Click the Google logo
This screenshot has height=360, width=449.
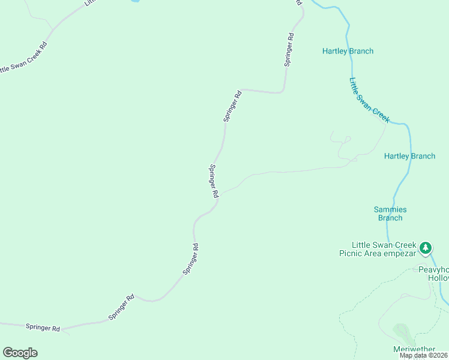click(x=20, y=353)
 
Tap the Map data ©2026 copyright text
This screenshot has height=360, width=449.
click(x=423, y=355)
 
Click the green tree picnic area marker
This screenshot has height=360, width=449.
click(x=426, y=247)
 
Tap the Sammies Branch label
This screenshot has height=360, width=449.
click(x=390, y=214)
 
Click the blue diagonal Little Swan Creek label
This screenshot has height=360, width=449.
click(x=369, y=100)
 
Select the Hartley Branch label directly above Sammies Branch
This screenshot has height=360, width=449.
click(x=409, y=156)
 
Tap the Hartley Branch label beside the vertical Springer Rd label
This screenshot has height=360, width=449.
click(x=348, y=51)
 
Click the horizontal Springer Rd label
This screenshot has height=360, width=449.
click(x=43, y=328)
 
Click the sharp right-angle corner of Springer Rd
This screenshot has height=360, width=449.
click(x=283, y=92)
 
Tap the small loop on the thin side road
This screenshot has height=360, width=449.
click(x=346, y=140)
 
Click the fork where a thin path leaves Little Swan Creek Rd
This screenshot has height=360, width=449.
click(x=54, y=28)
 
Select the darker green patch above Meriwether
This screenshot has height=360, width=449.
click(x=402, y=333)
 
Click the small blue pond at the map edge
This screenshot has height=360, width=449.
click(x=136, y=2)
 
